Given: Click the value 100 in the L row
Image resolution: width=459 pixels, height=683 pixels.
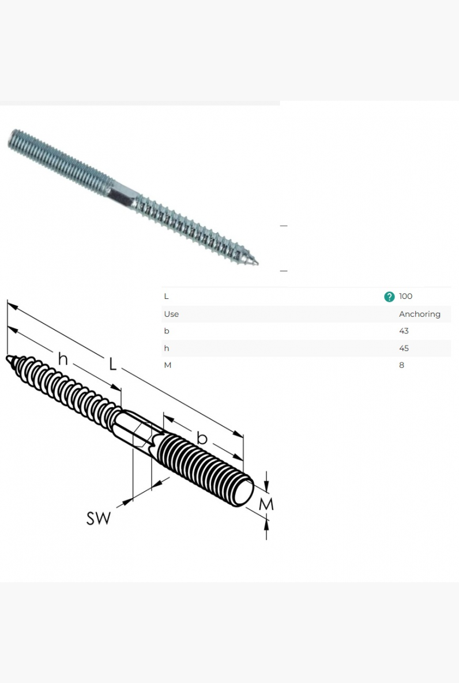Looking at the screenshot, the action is (x=405, y=296).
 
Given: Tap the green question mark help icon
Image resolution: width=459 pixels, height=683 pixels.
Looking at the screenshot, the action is (x=389, y=297).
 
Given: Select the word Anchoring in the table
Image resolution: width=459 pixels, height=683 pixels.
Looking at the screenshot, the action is (x=419, y=314).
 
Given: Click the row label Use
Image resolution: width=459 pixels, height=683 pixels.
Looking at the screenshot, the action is (x=171, y=314).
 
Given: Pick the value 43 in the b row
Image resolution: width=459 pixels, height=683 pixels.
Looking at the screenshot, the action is (x=404, y=331).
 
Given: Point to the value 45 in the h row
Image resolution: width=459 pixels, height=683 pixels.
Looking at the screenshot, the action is (x=404, y=348).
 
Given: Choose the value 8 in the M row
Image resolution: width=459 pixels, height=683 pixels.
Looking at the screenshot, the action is (x=401, y=365).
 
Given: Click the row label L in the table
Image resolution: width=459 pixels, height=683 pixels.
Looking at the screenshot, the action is (x=166, y=296).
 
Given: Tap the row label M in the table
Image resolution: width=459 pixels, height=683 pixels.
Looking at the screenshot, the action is (x=168, y=365).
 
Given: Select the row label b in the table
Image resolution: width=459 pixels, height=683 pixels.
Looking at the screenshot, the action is (x=166, y=331).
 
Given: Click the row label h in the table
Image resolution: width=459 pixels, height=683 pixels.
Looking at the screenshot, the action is (x=166, y=348).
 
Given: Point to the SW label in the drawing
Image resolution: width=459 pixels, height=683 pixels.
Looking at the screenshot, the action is (x=99, y=518).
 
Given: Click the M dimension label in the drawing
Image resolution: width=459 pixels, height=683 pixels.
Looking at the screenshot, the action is (x=266, y=504).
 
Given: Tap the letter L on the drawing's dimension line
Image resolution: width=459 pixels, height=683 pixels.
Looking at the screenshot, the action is (x=112, y=364).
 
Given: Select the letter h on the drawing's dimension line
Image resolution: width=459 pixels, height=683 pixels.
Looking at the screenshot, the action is (x=63, y=358).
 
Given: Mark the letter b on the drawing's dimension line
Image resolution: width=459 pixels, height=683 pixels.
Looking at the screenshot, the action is (x=202, y=437).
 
